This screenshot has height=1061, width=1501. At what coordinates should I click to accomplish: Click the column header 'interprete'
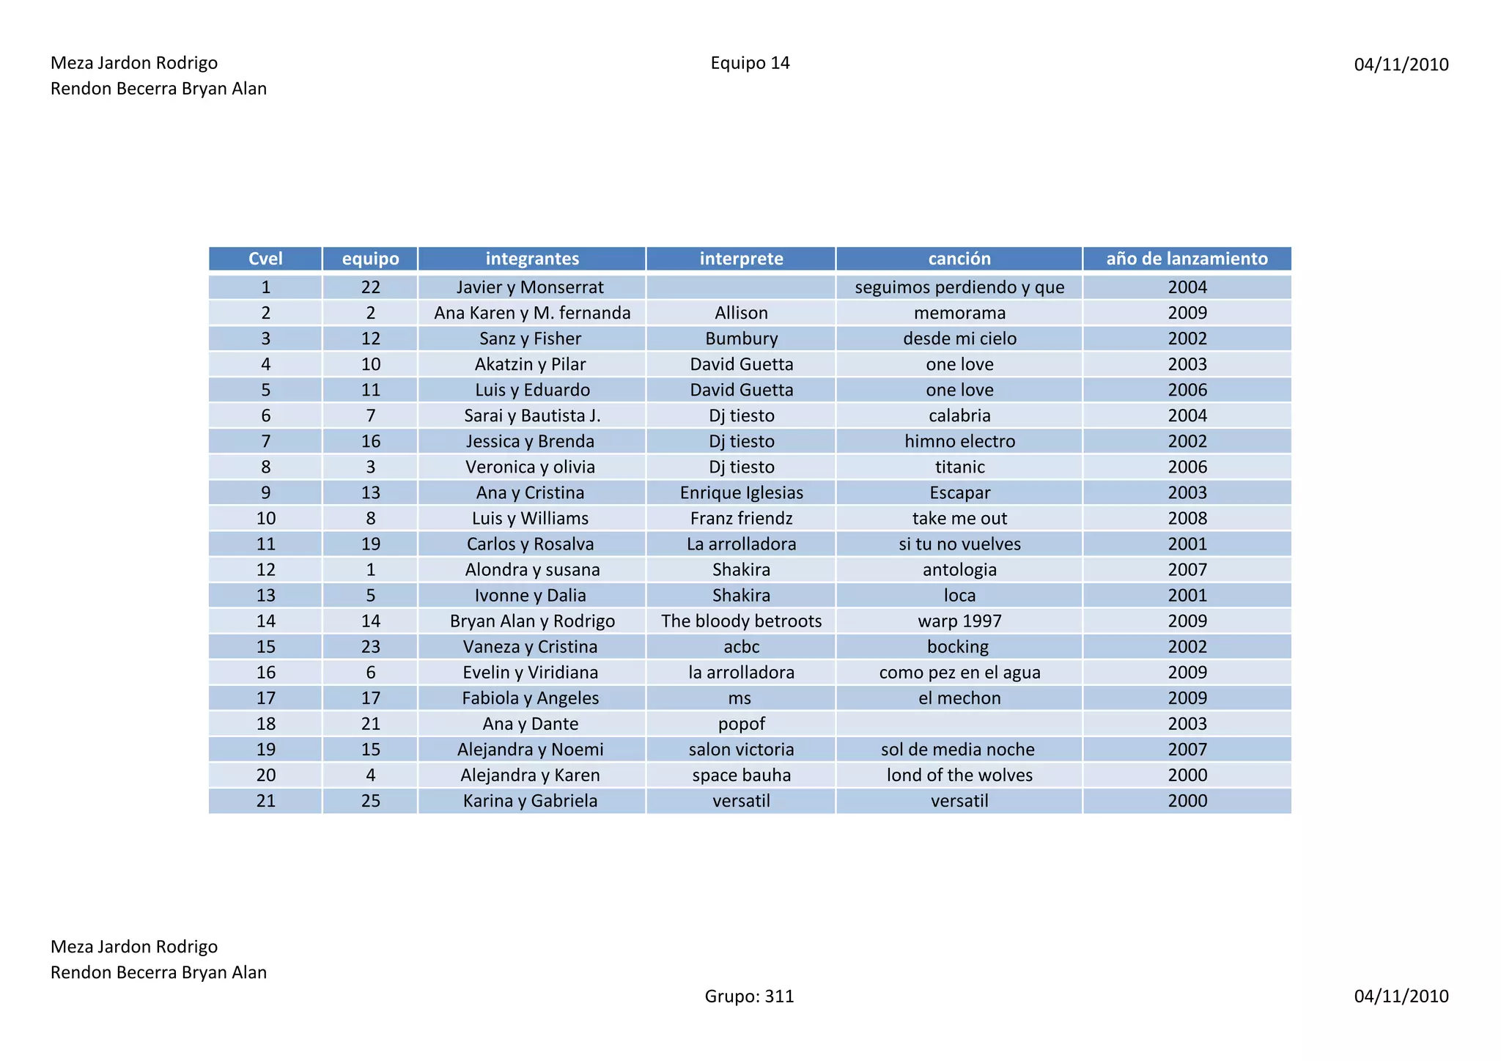(741, 259)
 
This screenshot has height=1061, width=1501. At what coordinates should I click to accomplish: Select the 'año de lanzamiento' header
(1187, 259)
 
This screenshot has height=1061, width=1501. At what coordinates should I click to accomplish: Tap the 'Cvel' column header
(265, 259)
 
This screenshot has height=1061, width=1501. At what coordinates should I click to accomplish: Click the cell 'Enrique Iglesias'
(741, 492)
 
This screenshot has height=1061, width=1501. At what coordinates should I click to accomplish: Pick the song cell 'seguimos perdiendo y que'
(959, 287)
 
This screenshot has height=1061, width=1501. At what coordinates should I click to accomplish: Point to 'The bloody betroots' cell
(741, 621)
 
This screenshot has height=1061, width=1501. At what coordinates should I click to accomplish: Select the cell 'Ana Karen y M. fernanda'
(532, 313)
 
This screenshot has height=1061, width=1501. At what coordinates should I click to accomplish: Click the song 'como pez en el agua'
(959, 673)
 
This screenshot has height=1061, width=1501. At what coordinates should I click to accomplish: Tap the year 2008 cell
(1187, 518)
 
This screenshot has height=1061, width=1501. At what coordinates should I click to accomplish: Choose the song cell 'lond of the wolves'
(959, 775)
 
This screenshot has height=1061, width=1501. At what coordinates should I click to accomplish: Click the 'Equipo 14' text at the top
(750, 63)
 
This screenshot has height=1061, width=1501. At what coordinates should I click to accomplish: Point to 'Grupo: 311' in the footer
(749, 996)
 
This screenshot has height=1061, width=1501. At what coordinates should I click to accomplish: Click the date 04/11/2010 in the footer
(1401, 996)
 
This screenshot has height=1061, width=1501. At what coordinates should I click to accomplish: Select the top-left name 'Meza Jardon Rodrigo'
(134, 63)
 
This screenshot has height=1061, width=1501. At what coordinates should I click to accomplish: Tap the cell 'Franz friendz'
(741, 518)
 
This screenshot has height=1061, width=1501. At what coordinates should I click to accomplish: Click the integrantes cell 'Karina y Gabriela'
(530, 801)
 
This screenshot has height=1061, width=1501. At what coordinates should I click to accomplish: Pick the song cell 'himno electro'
(959, 441)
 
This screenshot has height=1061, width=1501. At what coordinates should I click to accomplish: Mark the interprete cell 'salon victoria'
(741, 750)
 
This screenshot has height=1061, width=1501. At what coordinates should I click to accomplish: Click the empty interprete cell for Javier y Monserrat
(741, 287)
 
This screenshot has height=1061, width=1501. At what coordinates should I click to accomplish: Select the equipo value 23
(370, 647)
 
